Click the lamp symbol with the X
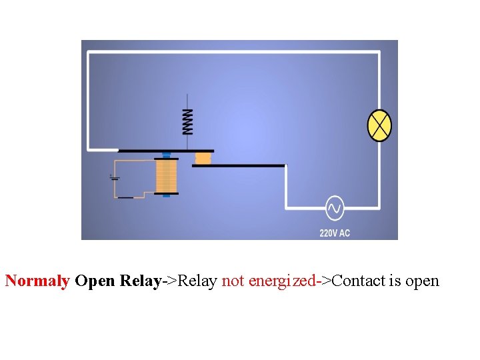[x=380, y=125]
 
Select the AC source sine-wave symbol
[x=334, y=209]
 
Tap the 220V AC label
[x=335, y=233]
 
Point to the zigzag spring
[x=188, y=121]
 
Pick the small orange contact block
[x=203, y=158]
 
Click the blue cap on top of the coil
[x=166, y=155]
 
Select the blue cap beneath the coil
[x=166, y=195]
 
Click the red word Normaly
[x=37, y=281]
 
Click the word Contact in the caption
[x=358, y=281]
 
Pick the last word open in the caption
[x=422, y=281]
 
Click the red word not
[x=233, y=281]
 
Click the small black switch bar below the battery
[x=125, y=198]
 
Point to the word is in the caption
[x=395, y=281]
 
